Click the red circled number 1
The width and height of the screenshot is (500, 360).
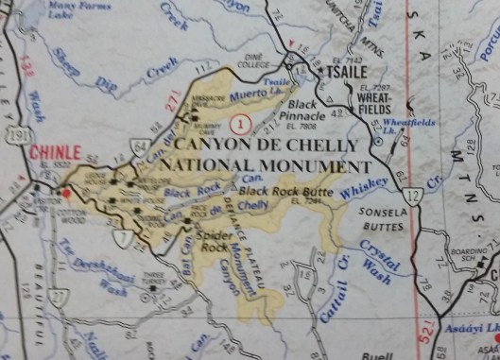pyautogui.click(x=244, y=123)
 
